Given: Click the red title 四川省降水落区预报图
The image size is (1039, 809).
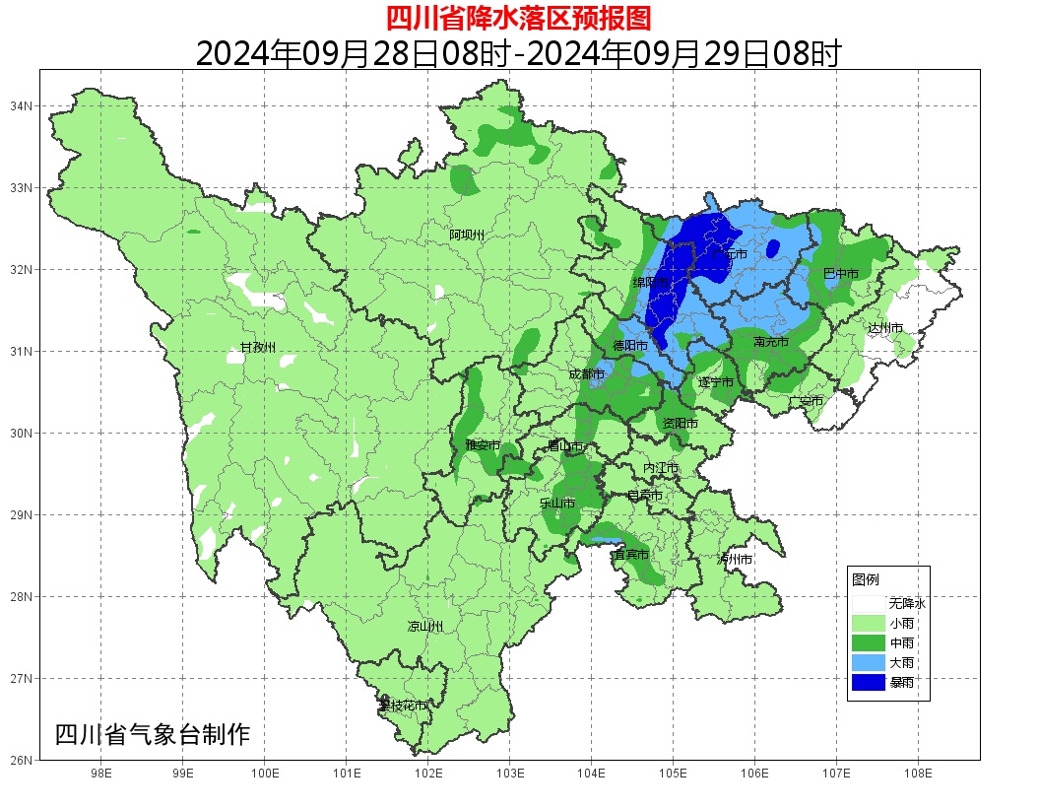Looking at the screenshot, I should tap(518, 18).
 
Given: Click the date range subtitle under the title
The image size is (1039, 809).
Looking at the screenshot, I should tap(518, 52).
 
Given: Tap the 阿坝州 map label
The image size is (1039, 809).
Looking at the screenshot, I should tap(467, 235).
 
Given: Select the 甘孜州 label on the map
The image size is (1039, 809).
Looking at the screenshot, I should tap(258, 347).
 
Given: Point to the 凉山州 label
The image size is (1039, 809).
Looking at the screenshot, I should tap(425, 627).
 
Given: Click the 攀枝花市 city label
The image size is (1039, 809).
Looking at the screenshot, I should tap(403, 706).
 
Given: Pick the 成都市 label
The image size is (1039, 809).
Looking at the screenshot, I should tap(587, 374).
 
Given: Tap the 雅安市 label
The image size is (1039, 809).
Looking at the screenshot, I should tap(483, 445).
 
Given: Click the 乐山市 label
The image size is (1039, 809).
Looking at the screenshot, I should tap(557, 503).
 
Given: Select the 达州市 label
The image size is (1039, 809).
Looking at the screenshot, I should tap(884, 327).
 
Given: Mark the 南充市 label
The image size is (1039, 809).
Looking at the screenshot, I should tap(770, 342).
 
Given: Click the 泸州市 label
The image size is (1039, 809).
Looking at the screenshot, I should tap(735, 559).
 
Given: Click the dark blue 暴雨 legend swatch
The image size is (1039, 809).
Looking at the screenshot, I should tap(869, 682).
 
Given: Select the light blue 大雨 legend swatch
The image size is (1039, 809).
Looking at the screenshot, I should tap(869, 662).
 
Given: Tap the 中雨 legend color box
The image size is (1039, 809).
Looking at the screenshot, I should tap(869, 642).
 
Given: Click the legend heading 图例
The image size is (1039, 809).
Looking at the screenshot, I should tap(866, 578).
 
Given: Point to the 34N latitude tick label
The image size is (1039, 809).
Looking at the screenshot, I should tap(22, 105).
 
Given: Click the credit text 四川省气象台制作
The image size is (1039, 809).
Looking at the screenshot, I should tap(153, 734).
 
